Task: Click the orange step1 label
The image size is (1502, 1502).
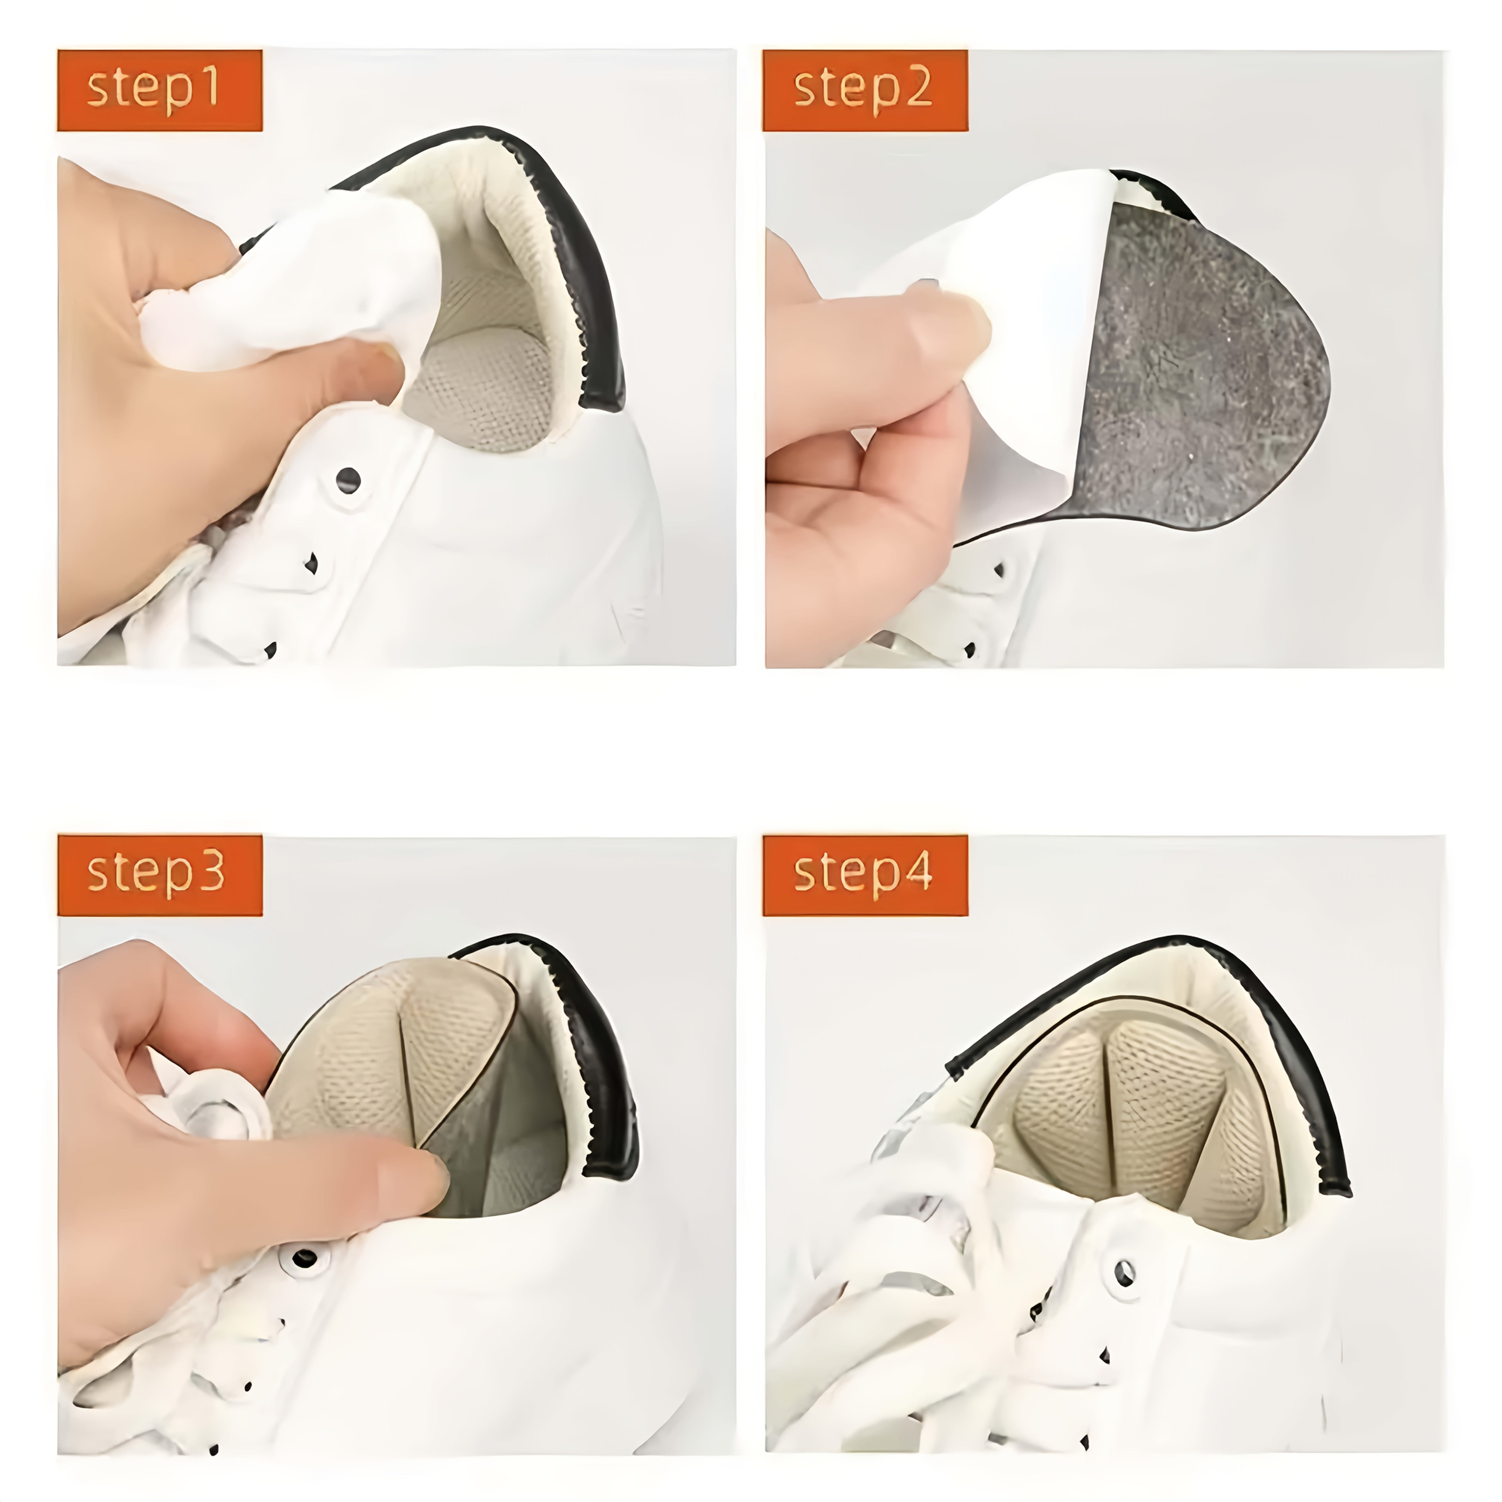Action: point(159,90)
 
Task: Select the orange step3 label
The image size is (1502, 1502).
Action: point(159,875)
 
